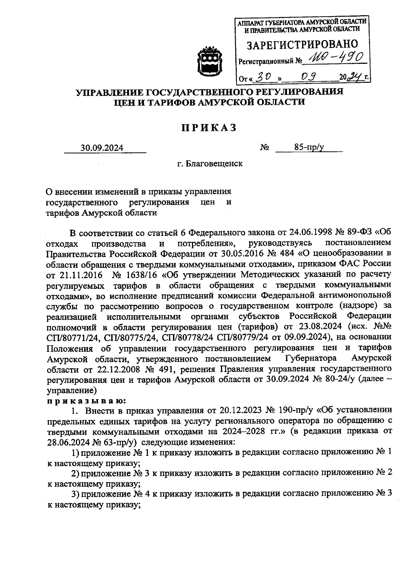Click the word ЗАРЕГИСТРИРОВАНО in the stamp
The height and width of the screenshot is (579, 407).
click(302, 44)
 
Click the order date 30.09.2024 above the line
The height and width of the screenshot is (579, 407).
click(102, 148)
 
